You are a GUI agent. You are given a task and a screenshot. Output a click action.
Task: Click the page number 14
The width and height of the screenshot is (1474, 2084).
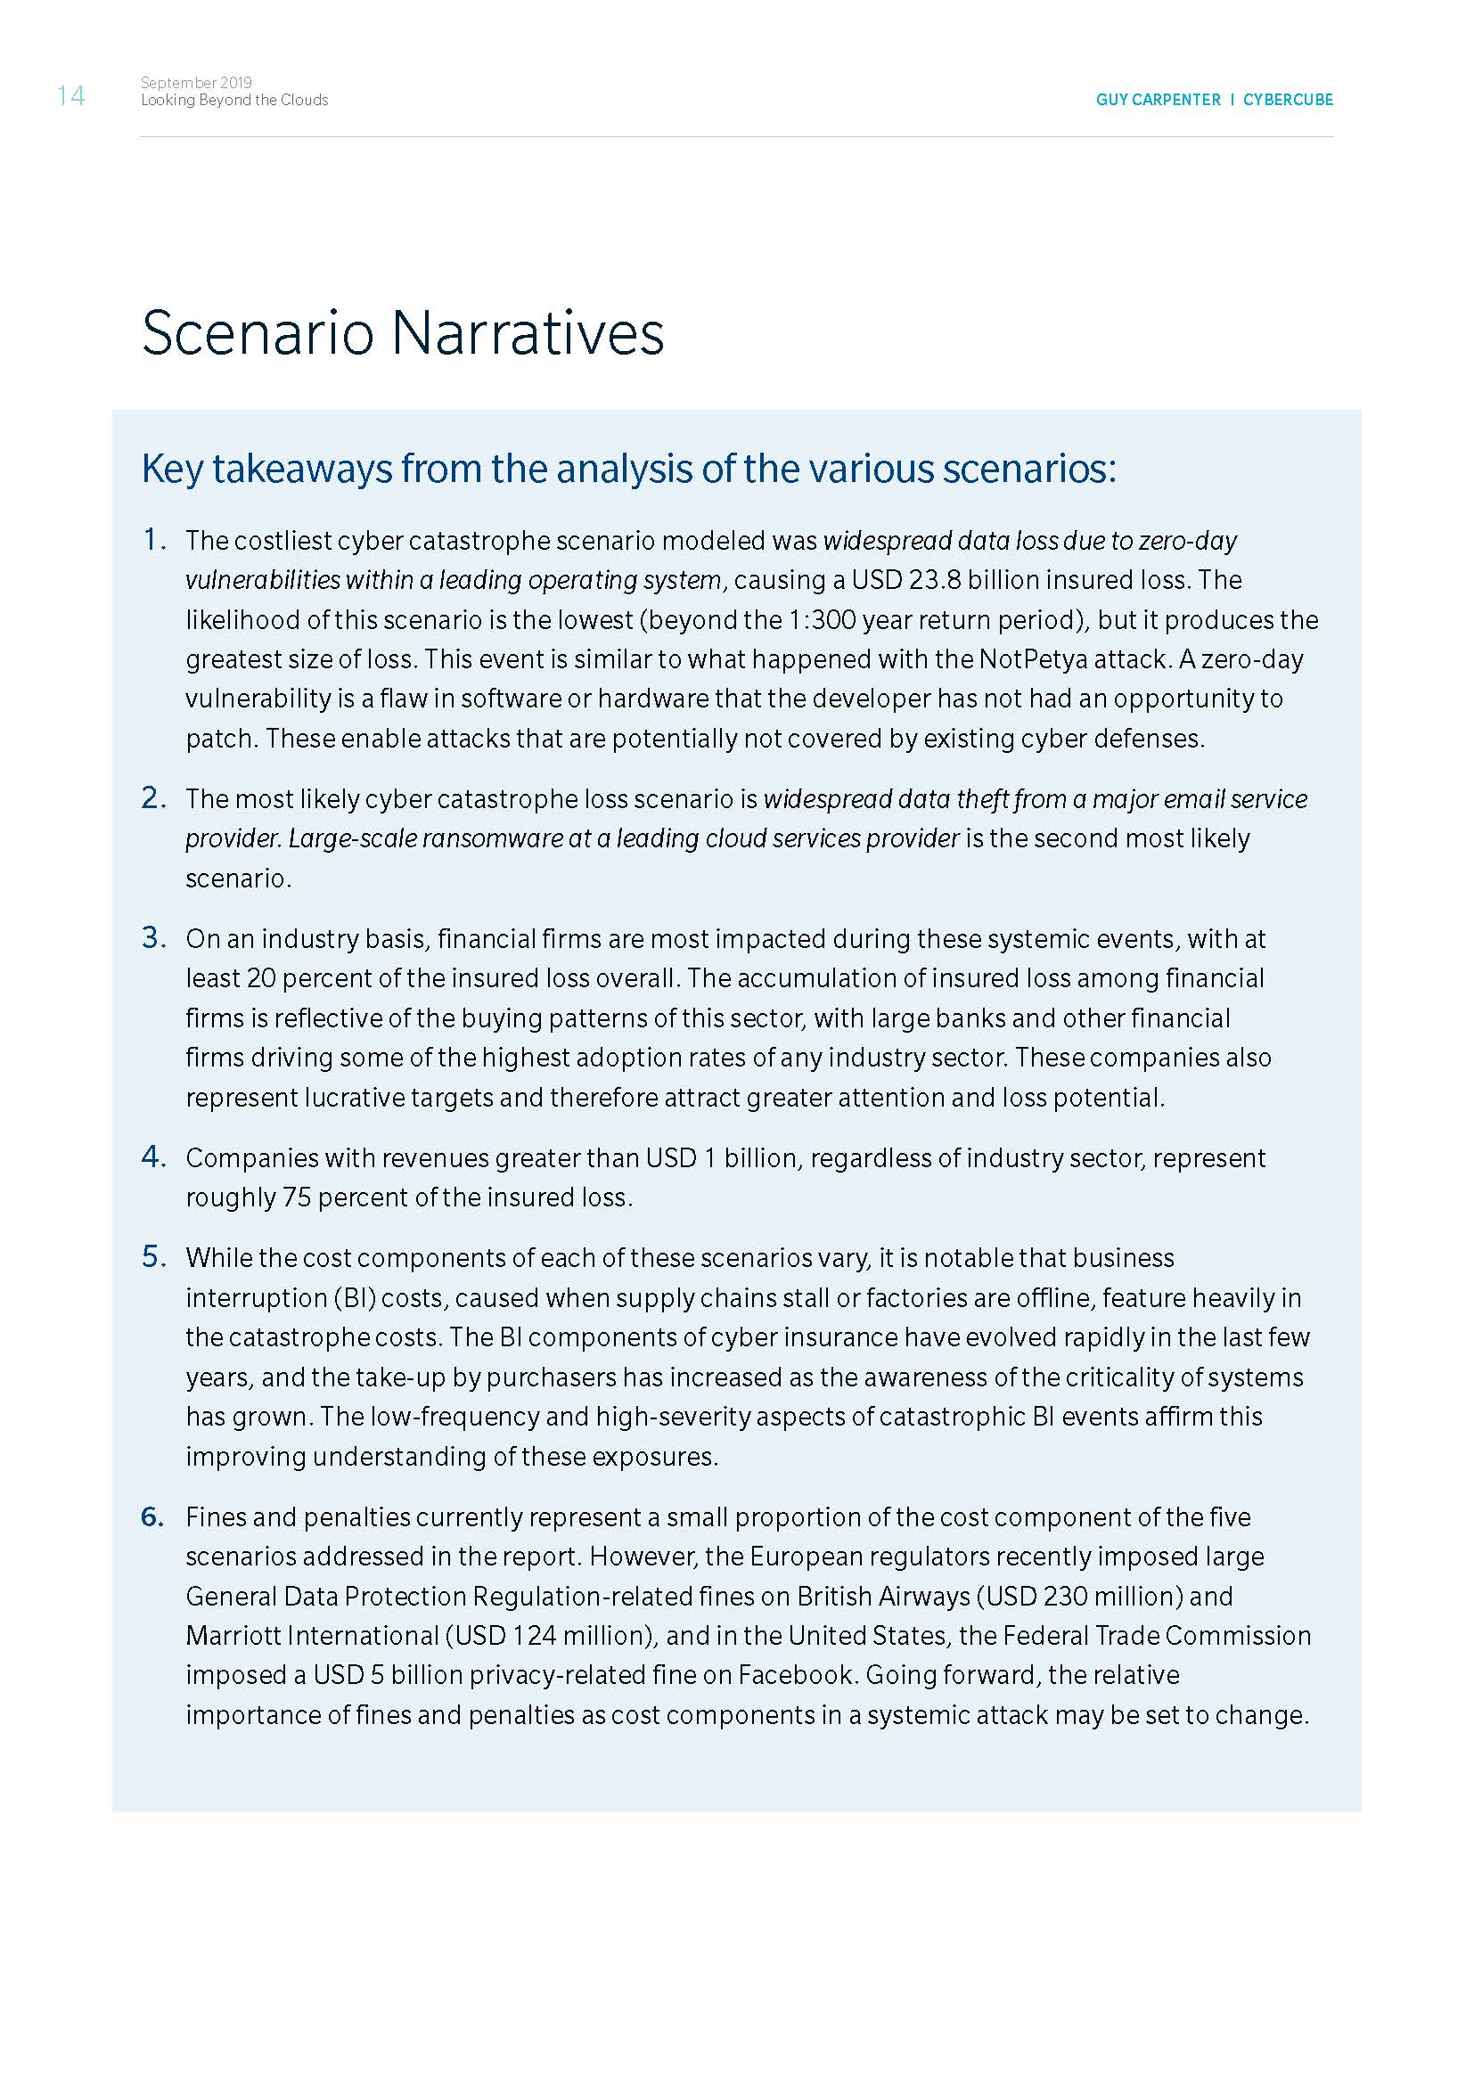[70, 95]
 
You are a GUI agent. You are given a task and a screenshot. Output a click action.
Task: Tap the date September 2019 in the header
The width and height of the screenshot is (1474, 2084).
[196, 83]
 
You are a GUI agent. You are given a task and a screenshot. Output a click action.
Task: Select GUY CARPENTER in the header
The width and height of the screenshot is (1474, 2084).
[1159, 100]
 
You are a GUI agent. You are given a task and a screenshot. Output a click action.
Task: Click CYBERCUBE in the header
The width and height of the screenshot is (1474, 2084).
[1288, 100]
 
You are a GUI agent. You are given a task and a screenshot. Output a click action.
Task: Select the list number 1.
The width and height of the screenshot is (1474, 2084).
[153, 540]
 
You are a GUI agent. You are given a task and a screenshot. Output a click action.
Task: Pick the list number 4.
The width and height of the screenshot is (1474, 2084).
[153, 1157]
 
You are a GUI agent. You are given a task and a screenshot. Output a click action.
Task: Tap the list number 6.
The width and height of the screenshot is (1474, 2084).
[153, 1516]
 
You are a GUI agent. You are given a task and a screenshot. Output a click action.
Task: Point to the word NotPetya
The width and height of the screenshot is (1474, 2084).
[1034, 659]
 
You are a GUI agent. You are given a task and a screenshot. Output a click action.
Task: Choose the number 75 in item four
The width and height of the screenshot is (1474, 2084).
[297, 1197]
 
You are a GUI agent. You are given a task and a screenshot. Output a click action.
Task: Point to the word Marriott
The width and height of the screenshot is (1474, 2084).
[238, 1636]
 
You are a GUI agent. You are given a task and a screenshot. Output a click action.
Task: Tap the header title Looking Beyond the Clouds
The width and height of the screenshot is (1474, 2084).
[234, 100]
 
